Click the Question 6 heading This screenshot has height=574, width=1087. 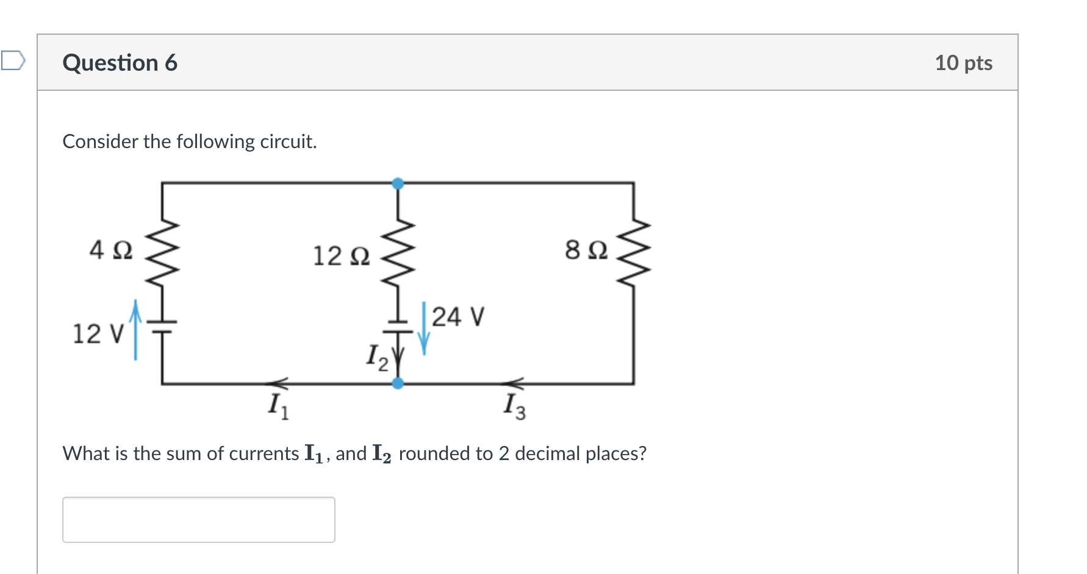coord(120,63)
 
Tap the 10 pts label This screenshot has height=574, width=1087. coord(963,63)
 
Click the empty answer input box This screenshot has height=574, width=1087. coord(198,519)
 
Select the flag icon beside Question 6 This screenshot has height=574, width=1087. coord(13,60)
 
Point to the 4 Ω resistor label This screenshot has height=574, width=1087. coord(110,250)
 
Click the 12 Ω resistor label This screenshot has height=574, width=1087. coord(341,256)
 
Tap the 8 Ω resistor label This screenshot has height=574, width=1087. coord(586,250)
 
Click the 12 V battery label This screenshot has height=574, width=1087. coord(98,334)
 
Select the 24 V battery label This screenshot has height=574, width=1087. coord(457,317)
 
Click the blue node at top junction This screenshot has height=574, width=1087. coord(398,183)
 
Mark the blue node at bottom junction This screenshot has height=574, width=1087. coord(398,383)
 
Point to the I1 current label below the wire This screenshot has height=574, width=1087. coord(278,406)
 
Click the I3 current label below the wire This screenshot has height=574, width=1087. coord(514,406)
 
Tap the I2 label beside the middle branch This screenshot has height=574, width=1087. coord(376,357)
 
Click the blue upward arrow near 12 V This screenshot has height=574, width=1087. coord(135,329)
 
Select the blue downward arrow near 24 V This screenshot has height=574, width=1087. coord(424,329)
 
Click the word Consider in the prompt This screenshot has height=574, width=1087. coord(100,141)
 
